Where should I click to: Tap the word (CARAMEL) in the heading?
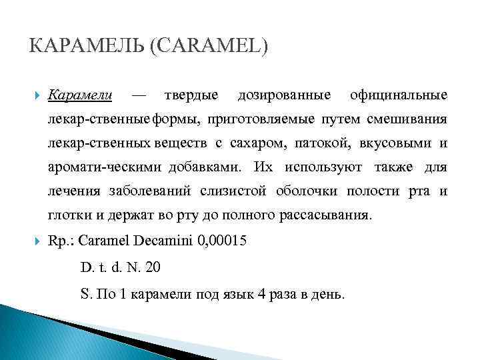[x=211, y=47]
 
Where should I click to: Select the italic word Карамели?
[x=80, y=95]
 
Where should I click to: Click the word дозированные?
[x=284, y=95]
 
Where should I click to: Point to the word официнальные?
[x=399, y=95]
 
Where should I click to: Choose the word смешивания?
[x=407, y=119]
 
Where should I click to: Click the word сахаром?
[x=255, y=143]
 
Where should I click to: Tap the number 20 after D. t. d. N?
[x=152, y=267]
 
